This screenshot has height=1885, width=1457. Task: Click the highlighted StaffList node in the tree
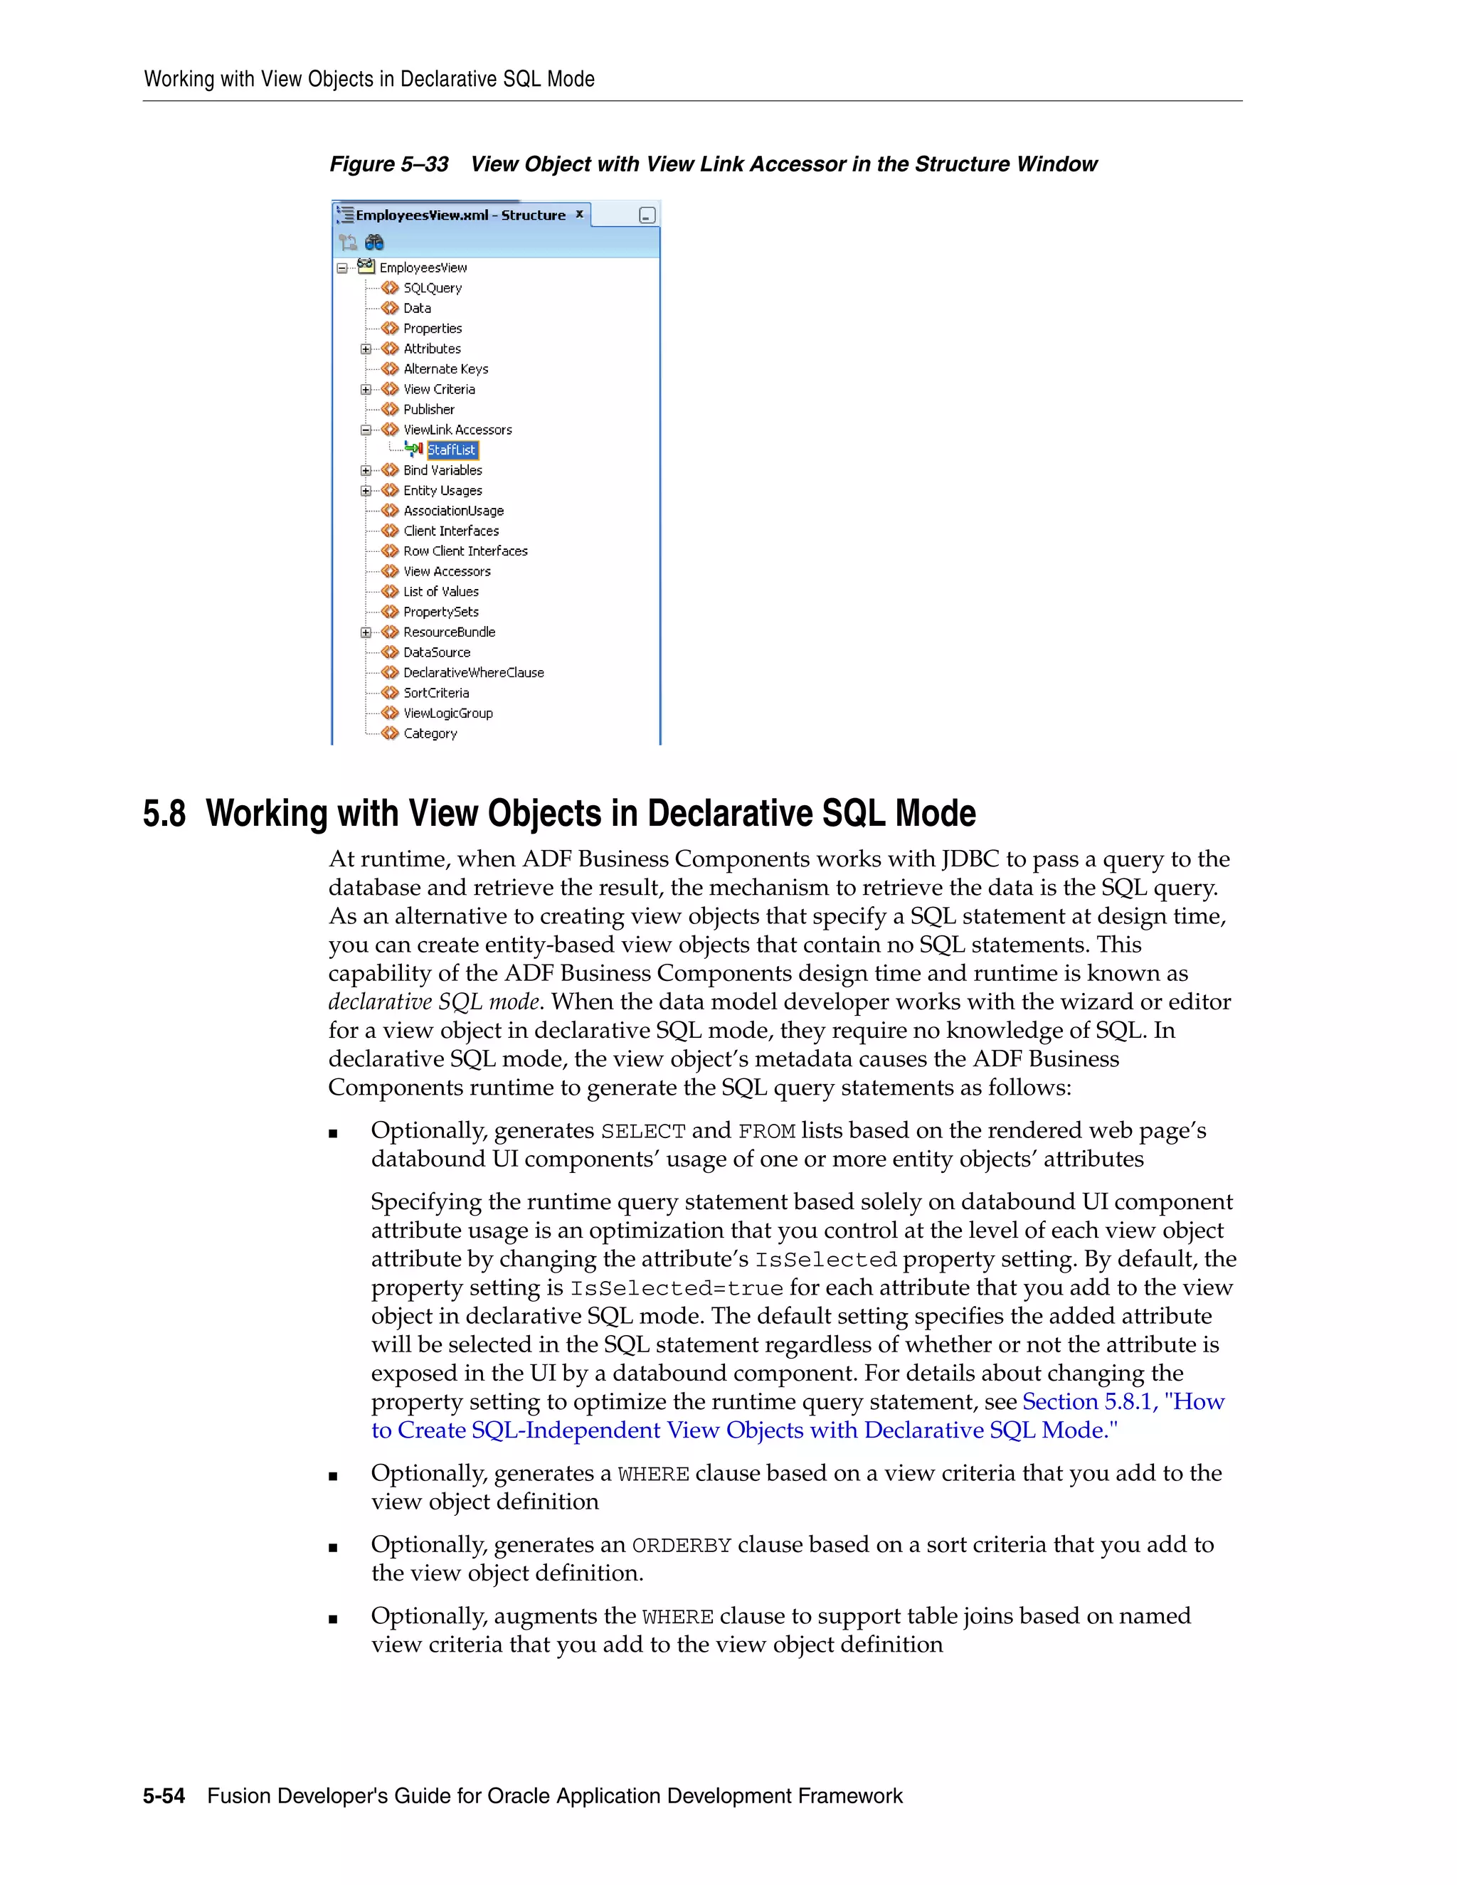click(x=452, y=450)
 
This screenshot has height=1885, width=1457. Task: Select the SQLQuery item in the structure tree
click(x=433, y=288)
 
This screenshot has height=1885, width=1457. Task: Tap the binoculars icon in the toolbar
click(x=373, y=243)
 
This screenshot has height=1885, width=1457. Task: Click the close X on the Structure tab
click(x=579, y=214)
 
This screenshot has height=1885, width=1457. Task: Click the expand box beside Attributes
click(x=366, y=349)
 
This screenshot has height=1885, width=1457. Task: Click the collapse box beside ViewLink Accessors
click(x=366, y=430)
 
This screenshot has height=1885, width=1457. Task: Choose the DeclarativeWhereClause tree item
click(x=473, y=672)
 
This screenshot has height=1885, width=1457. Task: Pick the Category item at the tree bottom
click(x=430, y=733)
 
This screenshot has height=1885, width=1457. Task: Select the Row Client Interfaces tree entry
click(x=465, y=551)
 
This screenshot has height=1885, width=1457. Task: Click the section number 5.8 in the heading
click(x=164, y=814)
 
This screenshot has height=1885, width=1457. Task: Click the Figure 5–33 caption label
click(x=388, y=165)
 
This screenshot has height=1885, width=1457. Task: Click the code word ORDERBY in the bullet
click(x=682, y=1546)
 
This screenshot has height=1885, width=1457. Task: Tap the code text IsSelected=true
click(x=677, y=1289)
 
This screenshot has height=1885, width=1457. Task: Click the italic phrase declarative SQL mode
click(x=434, y=1002)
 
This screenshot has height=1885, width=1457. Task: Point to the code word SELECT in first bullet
click(x=643, y=1132)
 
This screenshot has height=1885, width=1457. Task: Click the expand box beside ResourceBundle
click(x=366, y=632)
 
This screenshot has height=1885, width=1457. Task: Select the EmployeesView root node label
click(x=423, y=268)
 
